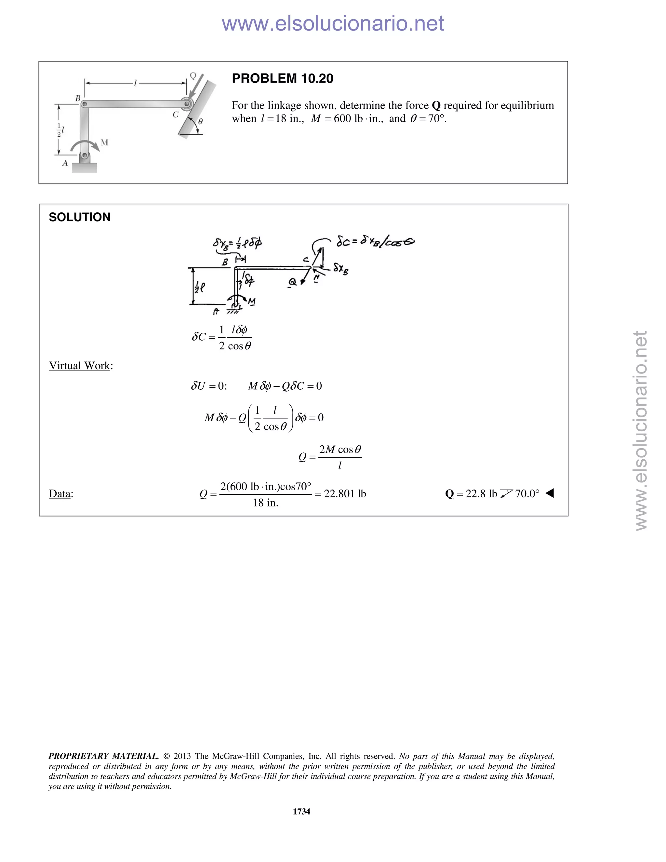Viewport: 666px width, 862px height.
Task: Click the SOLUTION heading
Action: tap(79, 217)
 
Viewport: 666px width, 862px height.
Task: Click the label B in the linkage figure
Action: tap(78, 98)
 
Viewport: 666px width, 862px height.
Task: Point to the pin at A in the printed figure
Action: tap(85, 155)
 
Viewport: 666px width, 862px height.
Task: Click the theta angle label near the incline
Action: tap(200, 122)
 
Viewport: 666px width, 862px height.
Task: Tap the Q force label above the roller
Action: tap(193, 75)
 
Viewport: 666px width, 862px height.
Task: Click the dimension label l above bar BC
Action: tap(135, 83)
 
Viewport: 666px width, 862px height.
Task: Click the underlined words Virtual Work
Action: tap(79, 366)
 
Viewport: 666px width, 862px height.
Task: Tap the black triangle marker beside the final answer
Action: tap(550, 493)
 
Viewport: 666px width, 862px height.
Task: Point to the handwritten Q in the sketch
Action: tap(292, 282)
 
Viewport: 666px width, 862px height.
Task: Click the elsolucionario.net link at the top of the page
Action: tap(333, 23)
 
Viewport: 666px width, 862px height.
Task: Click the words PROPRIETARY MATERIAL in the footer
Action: tap(103, 756)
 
